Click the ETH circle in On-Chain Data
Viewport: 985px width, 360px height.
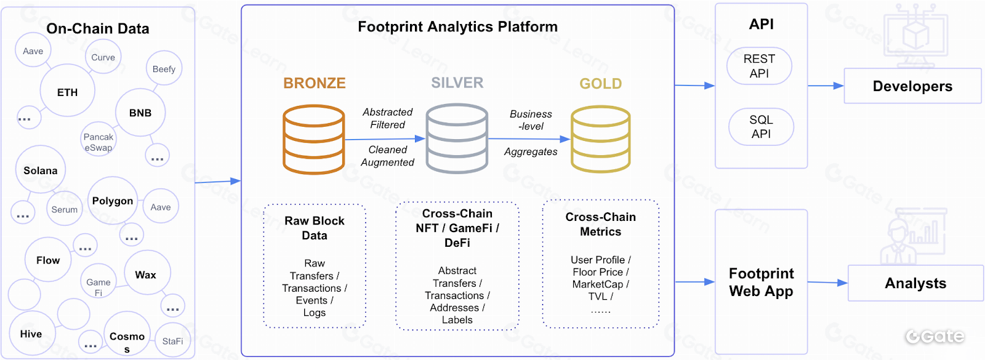68,92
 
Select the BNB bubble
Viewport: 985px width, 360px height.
140,113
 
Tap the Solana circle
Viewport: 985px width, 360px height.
41,170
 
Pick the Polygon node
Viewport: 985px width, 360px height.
113,201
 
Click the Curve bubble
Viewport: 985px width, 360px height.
103,57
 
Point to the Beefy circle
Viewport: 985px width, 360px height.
164,69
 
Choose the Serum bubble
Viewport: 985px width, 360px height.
65,209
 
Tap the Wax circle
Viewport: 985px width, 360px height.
146,274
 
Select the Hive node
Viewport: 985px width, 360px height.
31,334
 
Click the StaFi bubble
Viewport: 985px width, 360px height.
172,341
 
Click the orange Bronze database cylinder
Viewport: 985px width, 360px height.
313,140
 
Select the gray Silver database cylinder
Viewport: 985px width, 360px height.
457,139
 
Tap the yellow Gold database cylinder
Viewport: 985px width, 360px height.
600,140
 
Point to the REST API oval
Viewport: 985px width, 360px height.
759,66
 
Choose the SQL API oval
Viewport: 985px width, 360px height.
761,127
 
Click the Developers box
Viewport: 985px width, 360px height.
912,86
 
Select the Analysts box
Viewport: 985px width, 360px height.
915,283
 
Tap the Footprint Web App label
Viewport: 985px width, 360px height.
761,282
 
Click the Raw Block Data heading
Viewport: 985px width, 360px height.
315,228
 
